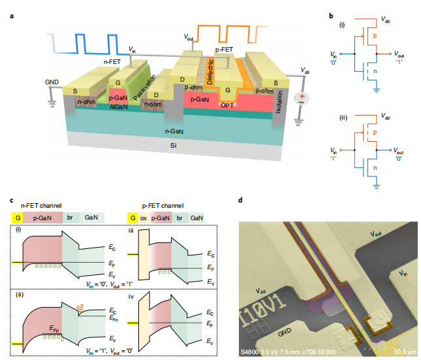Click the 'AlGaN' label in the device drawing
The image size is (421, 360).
[118, 106]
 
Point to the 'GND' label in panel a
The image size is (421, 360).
[52, 82]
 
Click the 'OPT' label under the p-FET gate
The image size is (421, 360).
[228, 105]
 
